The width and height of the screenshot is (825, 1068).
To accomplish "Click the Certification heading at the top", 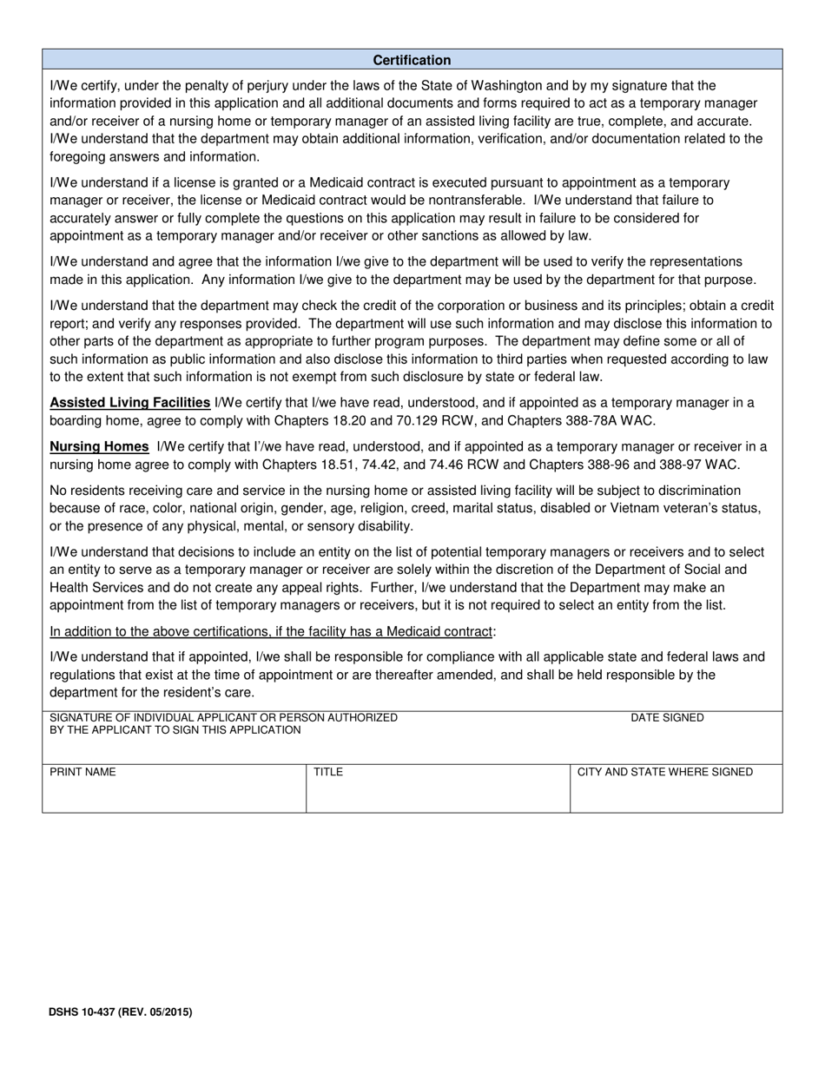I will click(x=412, y=60).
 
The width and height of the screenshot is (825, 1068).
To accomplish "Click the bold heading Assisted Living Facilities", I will click(x=129, y=402).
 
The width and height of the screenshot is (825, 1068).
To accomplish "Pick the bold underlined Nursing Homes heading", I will click(x=99, y=446).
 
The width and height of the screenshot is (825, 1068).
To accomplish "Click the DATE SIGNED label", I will click(x=667, y=718).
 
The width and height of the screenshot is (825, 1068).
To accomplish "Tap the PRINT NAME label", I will click(x=82, y=772).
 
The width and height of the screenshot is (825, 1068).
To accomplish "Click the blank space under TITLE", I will click(x=437, y=795).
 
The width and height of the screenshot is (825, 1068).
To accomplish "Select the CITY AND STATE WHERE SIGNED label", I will click(x=664, y=772).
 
